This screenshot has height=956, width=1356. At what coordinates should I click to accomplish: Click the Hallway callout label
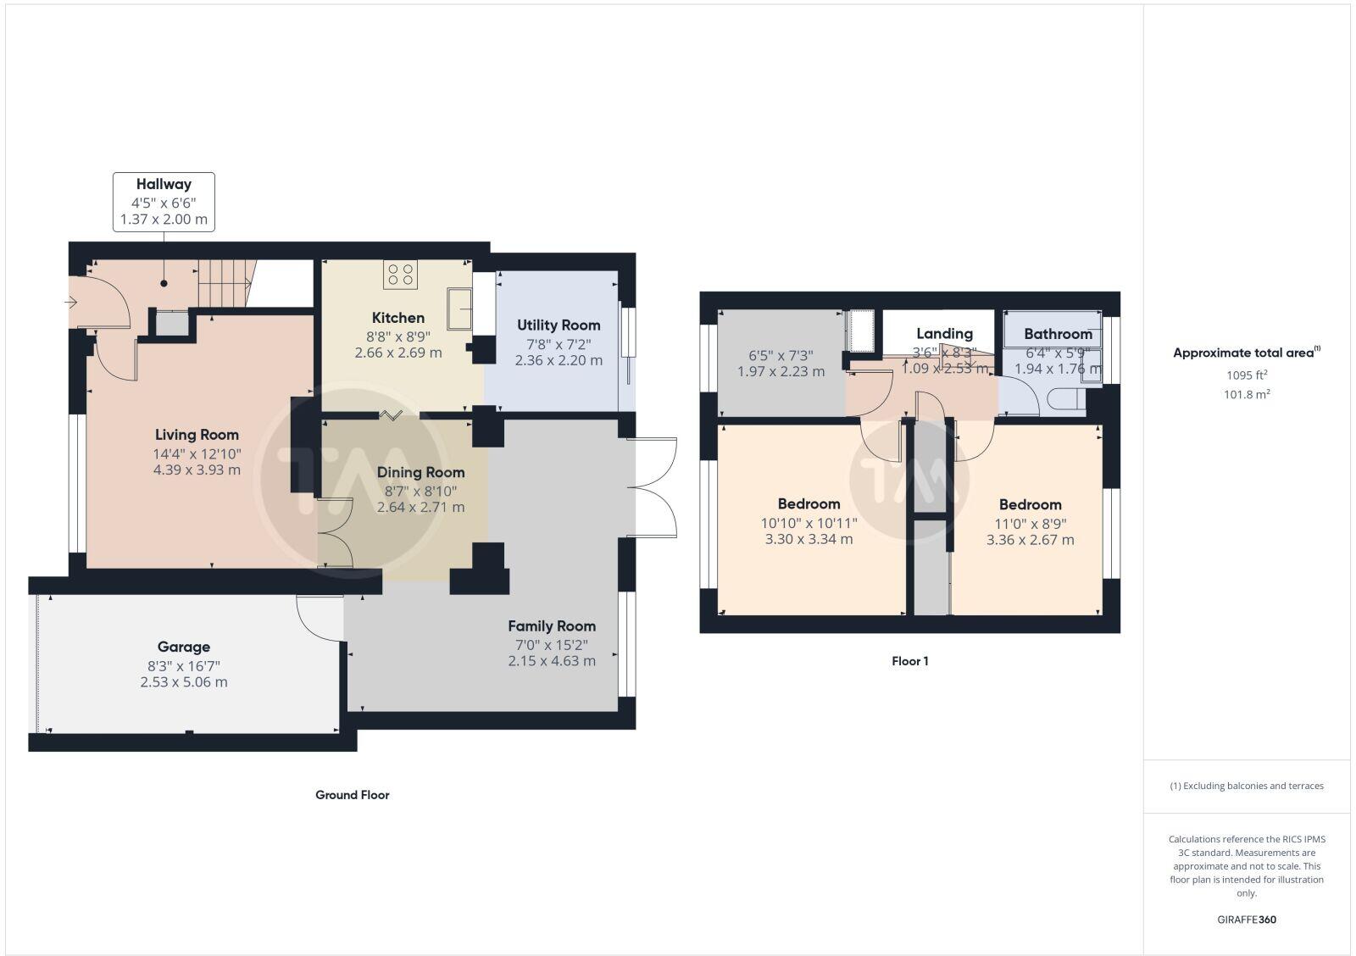pyautogui.click(x=164, y=185)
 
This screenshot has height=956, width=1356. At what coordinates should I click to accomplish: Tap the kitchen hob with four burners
pyautogui.click(x=399, y=274)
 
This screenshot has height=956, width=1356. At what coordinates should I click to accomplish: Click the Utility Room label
pyautogui.click(x=559, y=325)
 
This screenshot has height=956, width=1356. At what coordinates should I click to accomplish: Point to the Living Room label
pyautogui.click(x=197, y=435)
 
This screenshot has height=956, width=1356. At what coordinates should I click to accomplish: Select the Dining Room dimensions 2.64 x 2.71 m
pyautogui.click(x=420, y=508)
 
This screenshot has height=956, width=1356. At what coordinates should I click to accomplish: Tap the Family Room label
pyautogui.click(x=552, y=626)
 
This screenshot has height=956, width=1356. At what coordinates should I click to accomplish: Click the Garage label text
pyautogui.click(x=184, y=647)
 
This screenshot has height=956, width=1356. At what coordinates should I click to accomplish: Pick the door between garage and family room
pyautogui.click(x=319, y=617)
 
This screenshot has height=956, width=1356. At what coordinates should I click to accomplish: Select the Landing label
pyautogui.click(x=944, y=334)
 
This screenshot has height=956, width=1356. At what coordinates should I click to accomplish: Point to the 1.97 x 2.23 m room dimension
pyautogui.click(x=781, y=371)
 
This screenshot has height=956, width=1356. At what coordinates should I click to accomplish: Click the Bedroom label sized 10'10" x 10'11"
pyautogui.click(x=809, y=503)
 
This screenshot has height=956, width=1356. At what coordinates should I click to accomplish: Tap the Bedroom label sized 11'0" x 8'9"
pyautogui.click(x=1030, y=504)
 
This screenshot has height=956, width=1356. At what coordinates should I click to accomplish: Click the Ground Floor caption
pyautogui.click(x=353, y=795)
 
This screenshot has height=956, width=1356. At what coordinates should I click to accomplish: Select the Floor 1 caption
pyautogui.click(x=910, y=661)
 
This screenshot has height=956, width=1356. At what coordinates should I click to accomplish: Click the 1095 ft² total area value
pyautogui.click(x=1247, y=375)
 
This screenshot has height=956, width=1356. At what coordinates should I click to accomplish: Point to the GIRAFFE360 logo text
pyautogui.click(x=1247, y=920)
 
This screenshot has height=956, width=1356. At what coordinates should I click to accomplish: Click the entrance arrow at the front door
pyautogui.click(x=71, y=301)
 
